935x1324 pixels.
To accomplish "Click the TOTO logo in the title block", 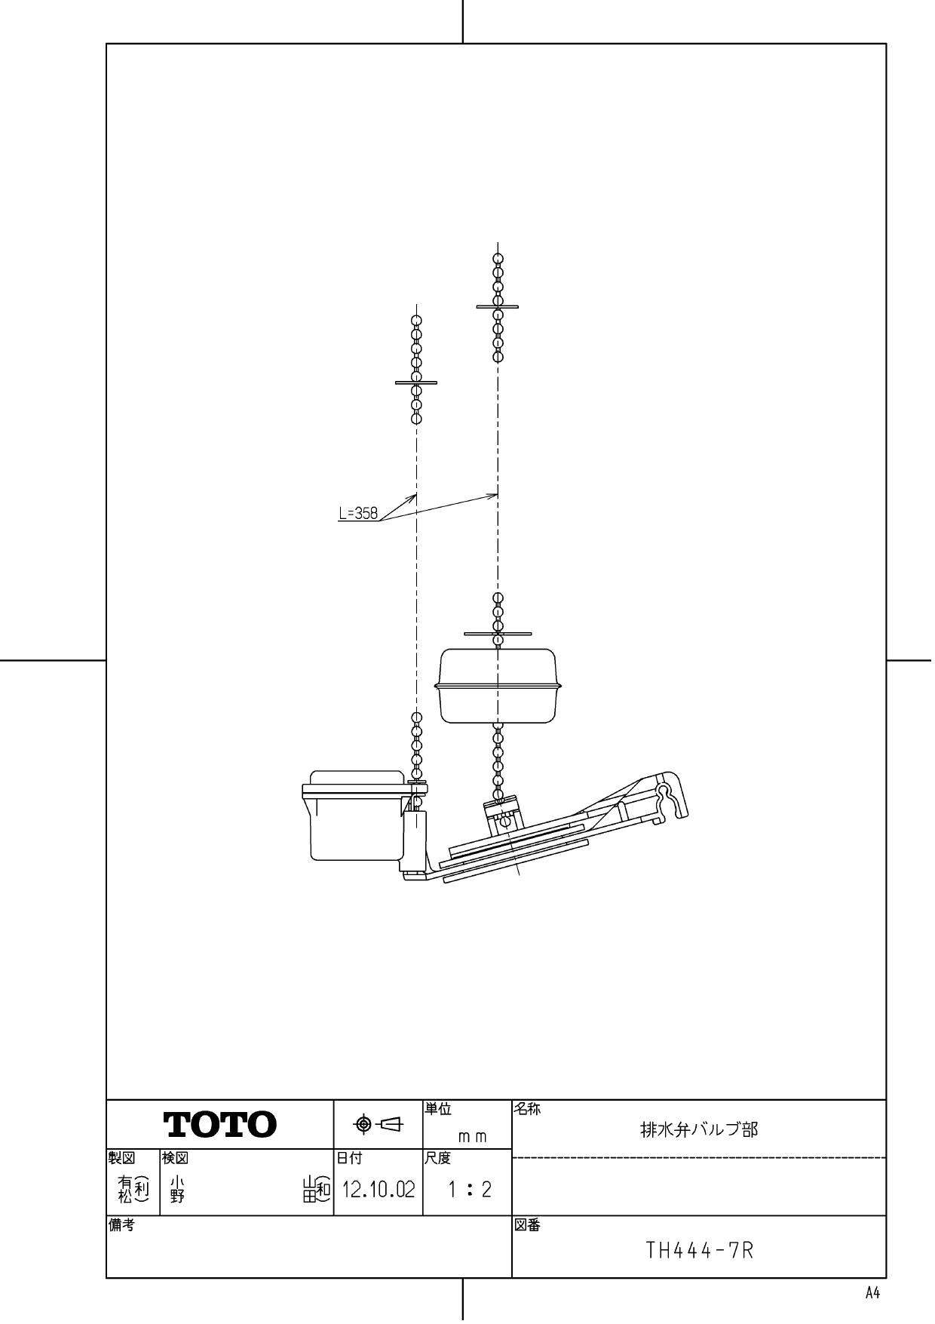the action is [220, 1125].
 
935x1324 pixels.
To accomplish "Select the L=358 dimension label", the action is [358, 514].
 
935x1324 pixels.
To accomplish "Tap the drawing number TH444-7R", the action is [700, 1252].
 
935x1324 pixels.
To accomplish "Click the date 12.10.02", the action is [379, 1190].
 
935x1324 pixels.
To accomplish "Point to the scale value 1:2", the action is [469, 1190].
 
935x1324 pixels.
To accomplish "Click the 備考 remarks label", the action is [120, 1225].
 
